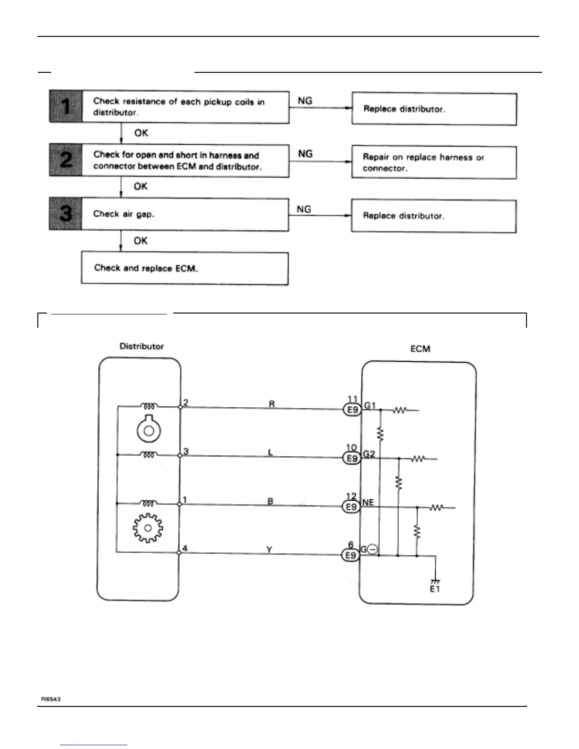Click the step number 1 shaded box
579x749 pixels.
click(66, 106)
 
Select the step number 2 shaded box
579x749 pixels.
click(66, 160)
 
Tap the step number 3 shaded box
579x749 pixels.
click(65, 214)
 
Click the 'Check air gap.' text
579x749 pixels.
click(123, 214)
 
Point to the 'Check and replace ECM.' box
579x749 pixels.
click(184, 268)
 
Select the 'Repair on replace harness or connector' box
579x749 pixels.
click(434, 163)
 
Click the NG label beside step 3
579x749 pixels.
click(304, 209)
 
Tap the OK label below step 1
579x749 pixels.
click(141, 133)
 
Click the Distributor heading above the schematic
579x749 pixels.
click(141, 346)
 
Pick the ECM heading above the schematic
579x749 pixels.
click(420, 349)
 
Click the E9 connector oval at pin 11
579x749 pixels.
click(352, 409)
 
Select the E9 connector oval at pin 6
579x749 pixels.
click(351, 556)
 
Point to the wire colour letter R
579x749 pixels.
click(272, 404)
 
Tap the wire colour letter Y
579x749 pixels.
click(269, 550)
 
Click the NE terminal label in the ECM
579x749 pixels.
click(368, 503)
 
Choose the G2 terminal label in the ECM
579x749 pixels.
click(368, 454)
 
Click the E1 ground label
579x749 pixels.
click(435, 590)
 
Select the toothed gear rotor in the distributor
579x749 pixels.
click(148, 527)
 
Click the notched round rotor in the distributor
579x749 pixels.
click(149, 430)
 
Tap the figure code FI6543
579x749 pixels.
click(50, 699)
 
